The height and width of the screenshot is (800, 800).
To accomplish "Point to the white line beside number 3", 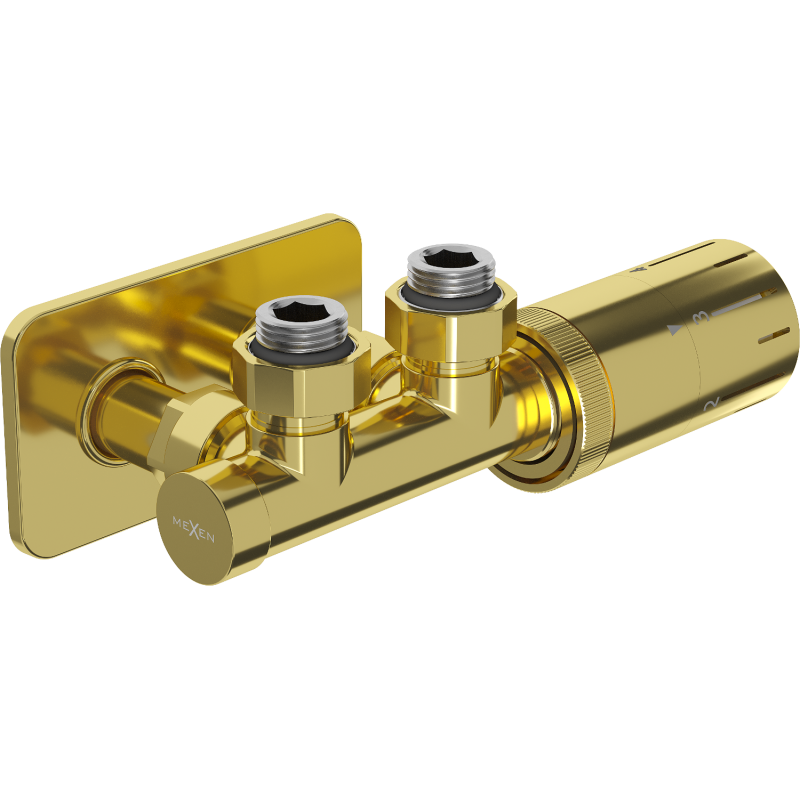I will pyautogui.click(x=745, y=299).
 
